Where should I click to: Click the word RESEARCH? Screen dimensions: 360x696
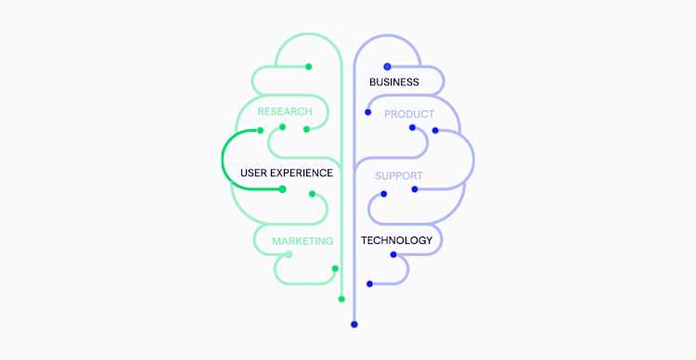(285, 111)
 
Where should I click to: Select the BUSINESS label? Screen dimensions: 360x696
(394, 83)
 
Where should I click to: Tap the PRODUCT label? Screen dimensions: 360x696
(409, 114)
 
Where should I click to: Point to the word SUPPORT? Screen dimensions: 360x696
(399, 175)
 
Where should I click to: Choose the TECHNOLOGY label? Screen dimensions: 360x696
(396, 240)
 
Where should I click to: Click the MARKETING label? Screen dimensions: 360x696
(303, 241)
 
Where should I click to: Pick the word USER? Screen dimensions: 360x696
(254, 173)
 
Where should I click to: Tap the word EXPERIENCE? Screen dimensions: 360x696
(303, 173)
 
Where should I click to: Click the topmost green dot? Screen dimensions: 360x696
(309, 67)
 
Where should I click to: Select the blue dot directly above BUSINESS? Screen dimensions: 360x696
(387, 67)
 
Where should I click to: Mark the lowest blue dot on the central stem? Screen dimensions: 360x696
(354, 325)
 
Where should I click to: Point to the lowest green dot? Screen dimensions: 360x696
(342, 299)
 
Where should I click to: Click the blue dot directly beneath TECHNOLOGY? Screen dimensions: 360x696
(393, 254)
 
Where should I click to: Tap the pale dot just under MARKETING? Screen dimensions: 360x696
(288, 254)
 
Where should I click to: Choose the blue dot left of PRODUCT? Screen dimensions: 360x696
(368, 112)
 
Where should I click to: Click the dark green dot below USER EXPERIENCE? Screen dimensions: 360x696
(282, 189)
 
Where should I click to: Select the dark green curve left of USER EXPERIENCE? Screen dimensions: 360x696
(223, 160)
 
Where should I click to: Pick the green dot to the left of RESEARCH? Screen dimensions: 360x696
(261, 130)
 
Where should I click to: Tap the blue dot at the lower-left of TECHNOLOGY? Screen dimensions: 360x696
(369, 284)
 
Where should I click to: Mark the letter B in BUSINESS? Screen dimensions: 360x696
(373, 83)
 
